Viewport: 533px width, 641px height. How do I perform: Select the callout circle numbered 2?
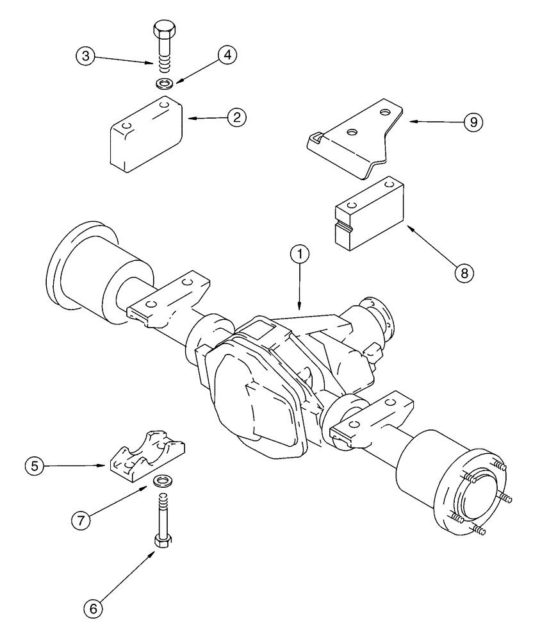pos(237,117)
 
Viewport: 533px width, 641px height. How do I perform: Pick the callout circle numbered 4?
pos(227,55)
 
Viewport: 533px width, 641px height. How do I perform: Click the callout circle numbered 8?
pos(464,272)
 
